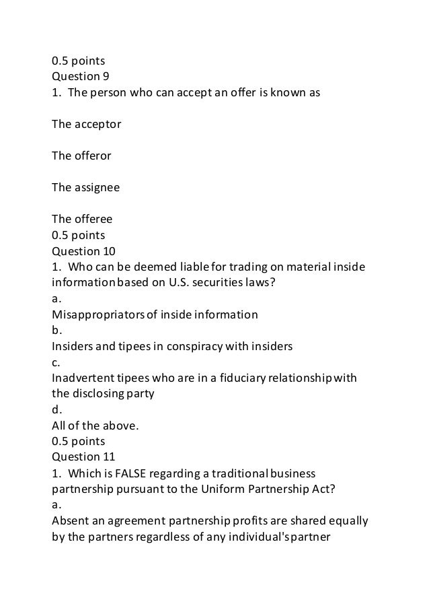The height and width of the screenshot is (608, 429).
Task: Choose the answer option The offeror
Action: pos(82,156)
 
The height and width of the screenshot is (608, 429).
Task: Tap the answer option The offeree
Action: pos(82,219)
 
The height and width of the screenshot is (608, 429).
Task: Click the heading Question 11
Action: pos(83,457)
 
